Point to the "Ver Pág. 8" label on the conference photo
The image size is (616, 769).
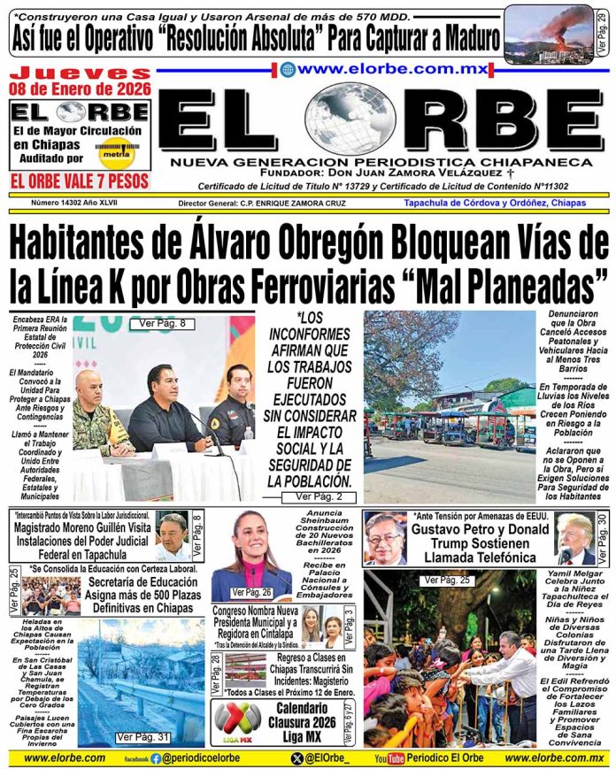[161, 324]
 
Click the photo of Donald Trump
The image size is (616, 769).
[574, 538]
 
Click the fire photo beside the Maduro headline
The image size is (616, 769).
[548, 32]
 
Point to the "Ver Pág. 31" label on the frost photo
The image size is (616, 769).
[143, 736]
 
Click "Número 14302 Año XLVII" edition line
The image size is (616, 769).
[60, 203]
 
